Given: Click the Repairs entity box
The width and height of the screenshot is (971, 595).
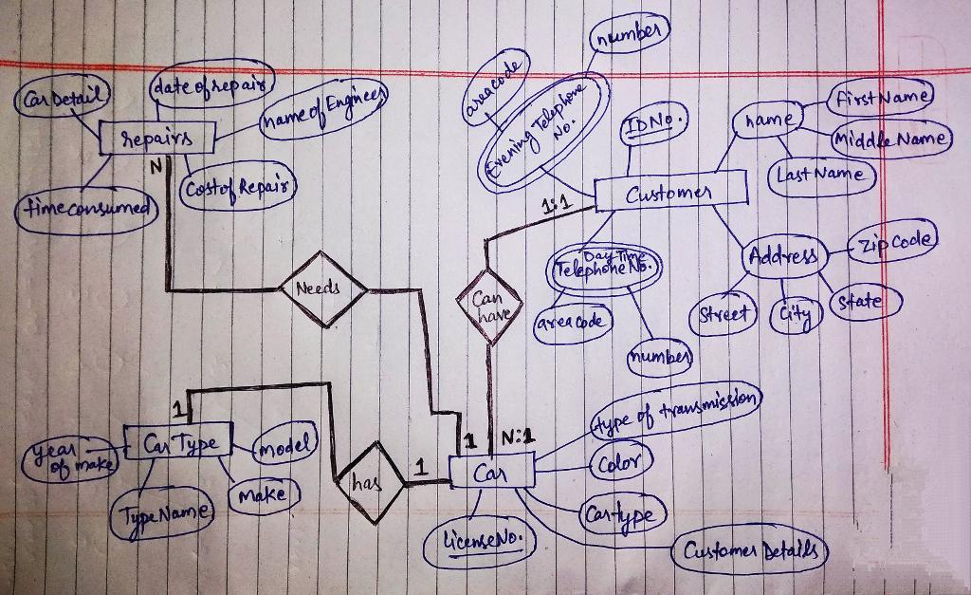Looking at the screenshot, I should point(157,138).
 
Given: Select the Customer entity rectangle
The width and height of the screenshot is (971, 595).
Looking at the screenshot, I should point(670,194).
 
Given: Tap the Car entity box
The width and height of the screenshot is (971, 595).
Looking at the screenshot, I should point(491,472).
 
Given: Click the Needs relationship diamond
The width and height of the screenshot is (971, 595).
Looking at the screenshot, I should point(322,288).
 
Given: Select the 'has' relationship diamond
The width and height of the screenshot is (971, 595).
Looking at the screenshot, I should point(370,482).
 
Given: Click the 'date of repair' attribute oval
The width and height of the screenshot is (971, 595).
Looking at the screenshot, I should point(211,87).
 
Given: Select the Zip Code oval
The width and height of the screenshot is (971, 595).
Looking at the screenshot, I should point(894,240).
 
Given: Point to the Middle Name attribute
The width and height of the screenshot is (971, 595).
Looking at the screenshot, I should point(890,139).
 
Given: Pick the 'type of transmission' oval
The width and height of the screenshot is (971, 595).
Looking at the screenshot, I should point(675,409).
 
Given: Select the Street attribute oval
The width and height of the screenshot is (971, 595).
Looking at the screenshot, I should point(725,312).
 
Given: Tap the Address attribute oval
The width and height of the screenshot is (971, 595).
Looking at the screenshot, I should point(782,256).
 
